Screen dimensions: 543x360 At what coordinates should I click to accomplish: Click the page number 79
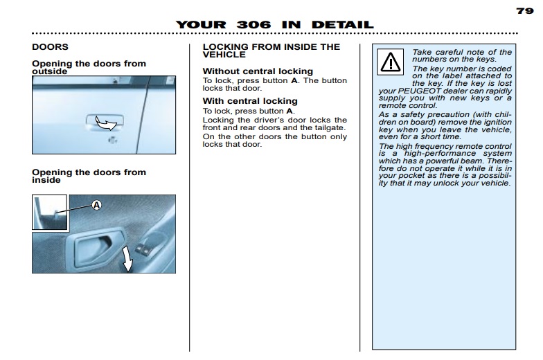pos(525,11)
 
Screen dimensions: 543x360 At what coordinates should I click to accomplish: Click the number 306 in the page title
pos(253,25)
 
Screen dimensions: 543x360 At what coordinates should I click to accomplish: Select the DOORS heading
pos(50,47)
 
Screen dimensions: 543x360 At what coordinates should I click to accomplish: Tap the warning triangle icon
pos(391,62)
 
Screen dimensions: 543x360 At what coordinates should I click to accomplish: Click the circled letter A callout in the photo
pos(97,205)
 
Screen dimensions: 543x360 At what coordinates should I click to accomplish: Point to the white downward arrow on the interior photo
pos(127,259)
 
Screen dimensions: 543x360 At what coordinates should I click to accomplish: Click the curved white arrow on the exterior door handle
pos(105,123)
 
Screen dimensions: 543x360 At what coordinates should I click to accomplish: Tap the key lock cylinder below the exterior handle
pos(112,140)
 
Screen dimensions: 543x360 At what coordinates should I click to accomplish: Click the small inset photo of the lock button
pos(50,212)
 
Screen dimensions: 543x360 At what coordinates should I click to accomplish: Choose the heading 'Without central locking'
pos(258,71)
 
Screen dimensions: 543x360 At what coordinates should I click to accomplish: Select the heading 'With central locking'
pos(250,101)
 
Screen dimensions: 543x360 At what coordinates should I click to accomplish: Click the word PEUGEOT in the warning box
pos(420,91)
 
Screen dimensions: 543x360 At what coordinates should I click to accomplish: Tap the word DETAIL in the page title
pos(342,25)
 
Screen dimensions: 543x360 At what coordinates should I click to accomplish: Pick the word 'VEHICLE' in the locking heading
pos(224,55)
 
